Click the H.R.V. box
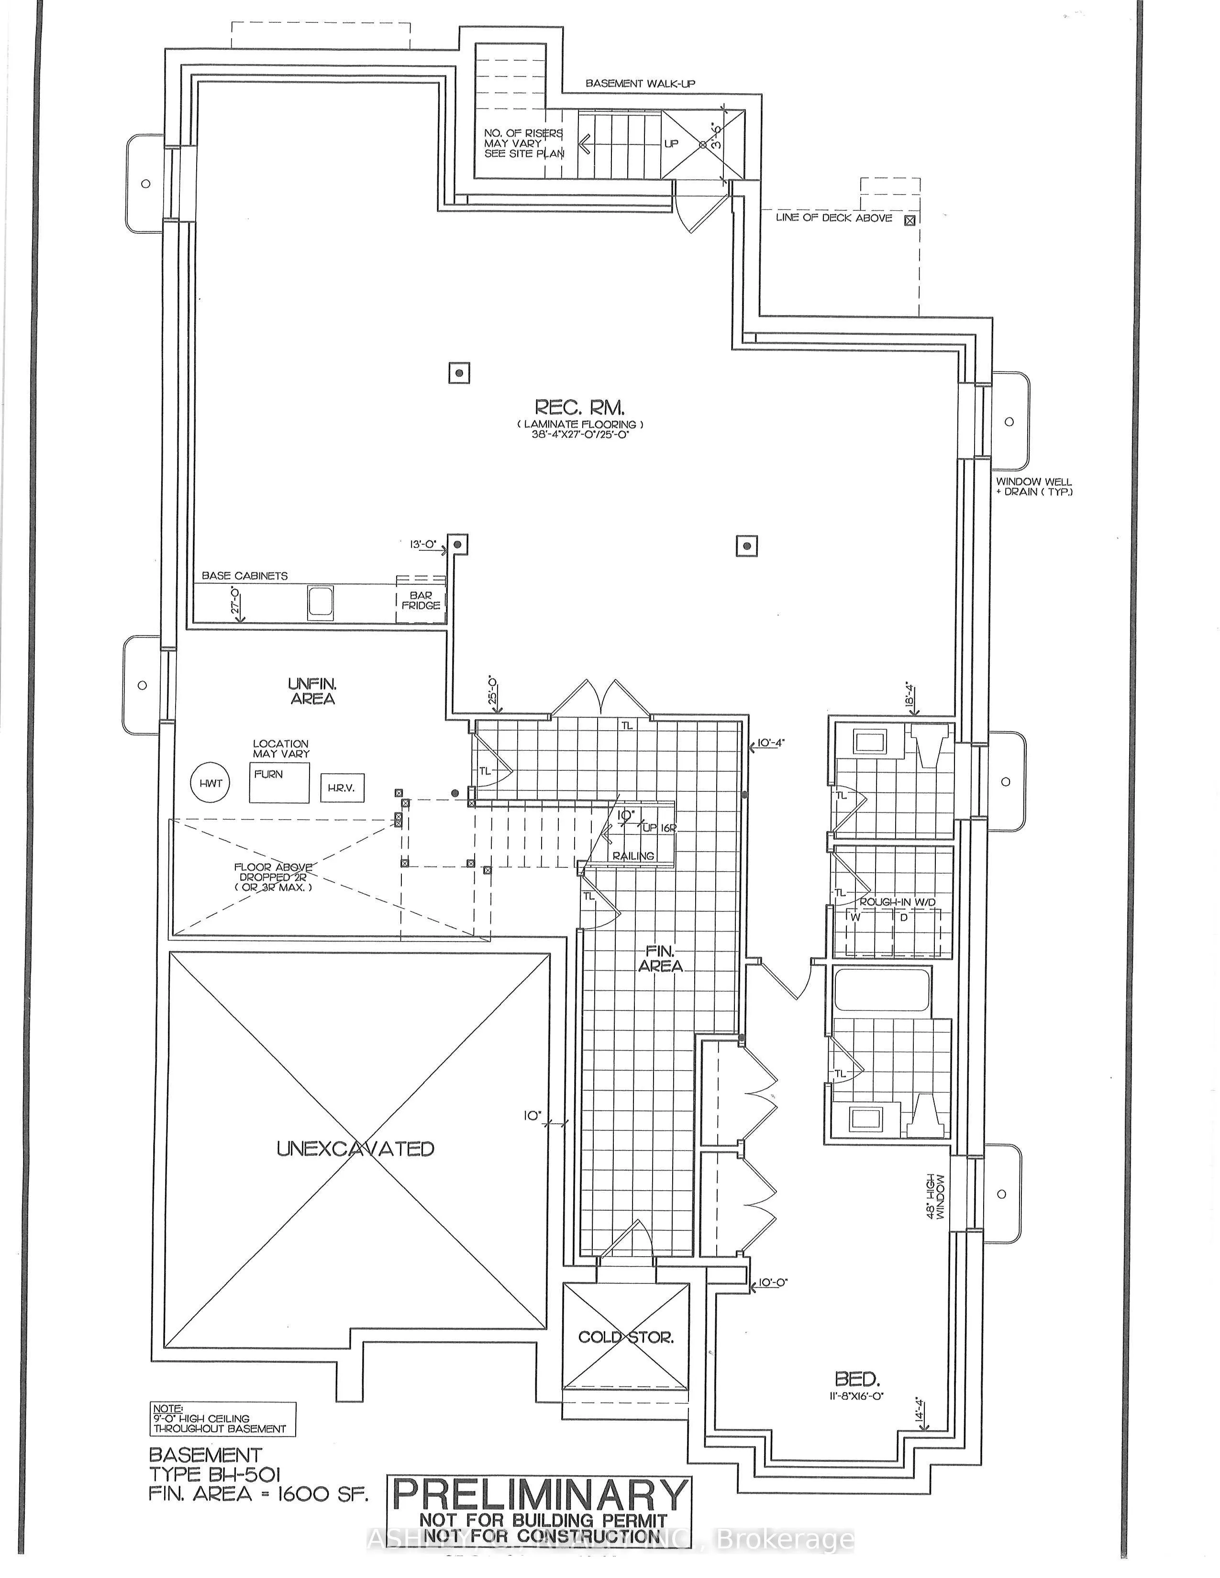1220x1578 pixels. click(341, 788)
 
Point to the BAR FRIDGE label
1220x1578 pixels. click(421, 601)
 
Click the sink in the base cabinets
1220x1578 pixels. click(320, 603)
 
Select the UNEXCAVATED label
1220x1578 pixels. click(355, 1148)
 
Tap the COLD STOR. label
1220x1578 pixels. click(626, 1337)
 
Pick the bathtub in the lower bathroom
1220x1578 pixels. click(882, 990)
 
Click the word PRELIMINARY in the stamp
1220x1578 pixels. click(539, 1493)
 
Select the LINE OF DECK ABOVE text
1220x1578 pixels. click(833, 218)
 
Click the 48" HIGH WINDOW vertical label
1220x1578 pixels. click(935, 1196)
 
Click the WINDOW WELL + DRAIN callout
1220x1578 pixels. click(1033, 486)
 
